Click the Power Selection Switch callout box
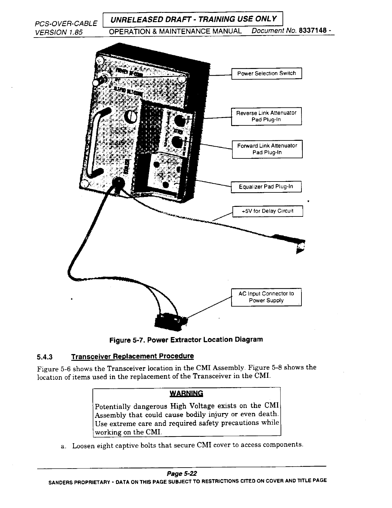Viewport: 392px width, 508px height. pos(266,73)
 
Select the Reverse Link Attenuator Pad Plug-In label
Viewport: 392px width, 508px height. pos(266,116)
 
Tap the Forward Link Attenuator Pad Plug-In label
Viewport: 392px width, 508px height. pos(267,149)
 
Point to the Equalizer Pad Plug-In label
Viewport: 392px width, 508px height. pos(266,187)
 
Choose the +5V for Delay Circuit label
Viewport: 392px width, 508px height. pos(267,211)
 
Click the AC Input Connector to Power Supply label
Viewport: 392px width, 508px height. pos(266,297)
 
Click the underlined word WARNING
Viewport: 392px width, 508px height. pos(186,393)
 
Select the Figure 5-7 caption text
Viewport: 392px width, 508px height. pos(186,340)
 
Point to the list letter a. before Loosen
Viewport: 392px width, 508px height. pos(63,446)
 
